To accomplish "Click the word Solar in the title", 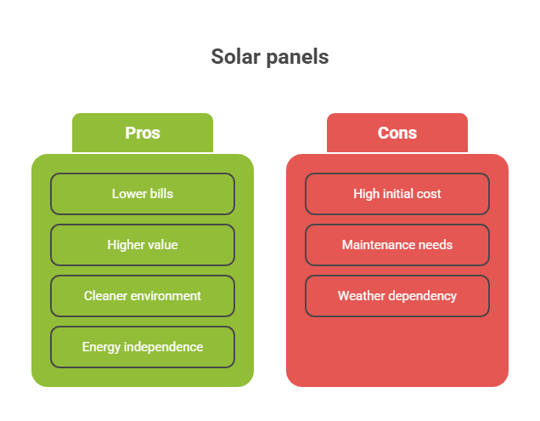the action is (235, 57).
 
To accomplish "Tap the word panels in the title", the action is (298, 58).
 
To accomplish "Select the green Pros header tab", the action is (143, 133).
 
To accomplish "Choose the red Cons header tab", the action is (397, 133).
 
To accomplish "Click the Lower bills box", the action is (143, 194).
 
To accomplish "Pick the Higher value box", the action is (143, 245).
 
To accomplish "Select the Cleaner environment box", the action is (143, 296).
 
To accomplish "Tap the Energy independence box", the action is (143, 347).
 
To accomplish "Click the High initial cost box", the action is (397, 194).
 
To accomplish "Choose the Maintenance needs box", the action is (397, 245).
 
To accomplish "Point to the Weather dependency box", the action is (397, 296).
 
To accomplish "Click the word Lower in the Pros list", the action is (128, 194).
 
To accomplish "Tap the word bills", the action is (161, 194).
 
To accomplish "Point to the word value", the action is (163, 245).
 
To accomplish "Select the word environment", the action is (166, 296).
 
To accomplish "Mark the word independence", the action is (163, 347).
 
